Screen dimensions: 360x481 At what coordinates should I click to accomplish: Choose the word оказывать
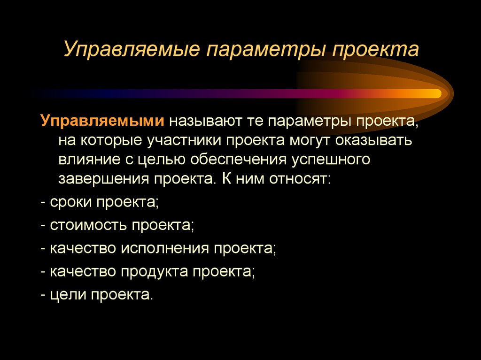point(374,141)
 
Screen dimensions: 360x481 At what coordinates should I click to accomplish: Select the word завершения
point(101,179)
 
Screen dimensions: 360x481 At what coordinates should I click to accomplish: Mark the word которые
point(112,141)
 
